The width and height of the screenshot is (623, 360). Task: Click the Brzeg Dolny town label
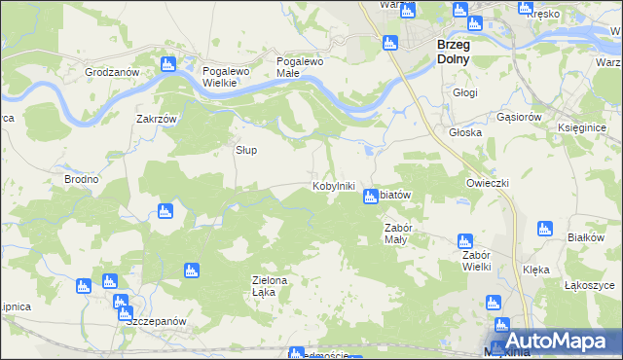pyautogui.click(x=453, y=52)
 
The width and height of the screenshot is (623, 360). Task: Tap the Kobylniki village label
pyautogui.click(x=333, y=186)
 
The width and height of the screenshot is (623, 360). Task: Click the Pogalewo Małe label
pyautogui.click(x=300, y=66)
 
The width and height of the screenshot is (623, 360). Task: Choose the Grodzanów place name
pyautogui.click(x=113, y=72)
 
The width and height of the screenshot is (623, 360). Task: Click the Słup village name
pyautogui.click(x=247, y=151)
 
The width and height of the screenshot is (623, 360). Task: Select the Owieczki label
pyautogui.click(x=488, y=183)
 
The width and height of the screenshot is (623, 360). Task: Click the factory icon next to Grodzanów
pyautogui.click(x=167, y=65)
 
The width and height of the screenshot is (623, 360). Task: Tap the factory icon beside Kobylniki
pyautogui.click(x=370, y=198)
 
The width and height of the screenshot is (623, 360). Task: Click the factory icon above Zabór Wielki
pyautogui.click(x=464, y=239)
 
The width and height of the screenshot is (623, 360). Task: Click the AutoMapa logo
pyautogui.click(x=553, y=341)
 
